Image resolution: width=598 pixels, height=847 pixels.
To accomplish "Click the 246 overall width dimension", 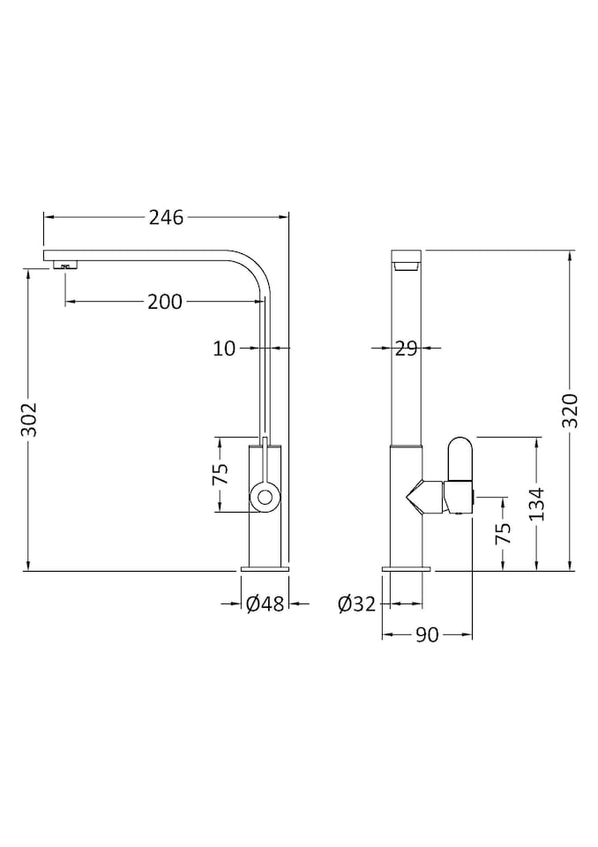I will pos(166,217).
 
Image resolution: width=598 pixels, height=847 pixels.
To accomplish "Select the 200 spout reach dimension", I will pos(165,302).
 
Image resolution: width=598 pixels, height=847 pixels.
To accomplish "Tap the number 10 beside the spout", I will pos(225,349).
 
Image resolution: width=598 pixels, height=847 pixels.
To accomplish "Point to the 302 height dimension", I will pos(29,421).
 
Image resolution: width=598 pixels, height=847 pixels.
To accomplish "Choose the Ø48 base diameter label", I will pos(265,604).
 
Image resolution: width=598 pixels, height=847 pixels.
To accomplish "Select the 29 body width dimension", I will pos(406,349).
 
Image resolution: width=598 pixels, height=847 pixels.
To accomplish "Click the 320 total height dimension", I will pos(570,410).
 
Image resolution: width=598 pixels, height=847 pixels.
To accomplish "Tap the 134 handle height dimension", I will pos(536,504).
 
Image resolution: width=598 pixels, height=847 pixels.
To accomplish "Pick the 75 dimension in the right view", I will pos(503,535).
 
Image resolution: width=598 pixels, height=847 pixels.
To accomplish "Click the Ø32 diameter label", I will pos(356,604).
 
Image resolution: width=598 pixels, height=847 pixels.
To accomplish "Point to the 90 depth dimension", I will pos(427,635).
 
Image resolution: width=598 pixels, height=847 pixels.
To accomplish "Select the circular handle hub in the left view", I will pos(264,497).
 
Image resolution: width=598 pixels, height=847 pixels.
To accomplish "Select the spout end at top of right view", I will pos(406,261).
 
